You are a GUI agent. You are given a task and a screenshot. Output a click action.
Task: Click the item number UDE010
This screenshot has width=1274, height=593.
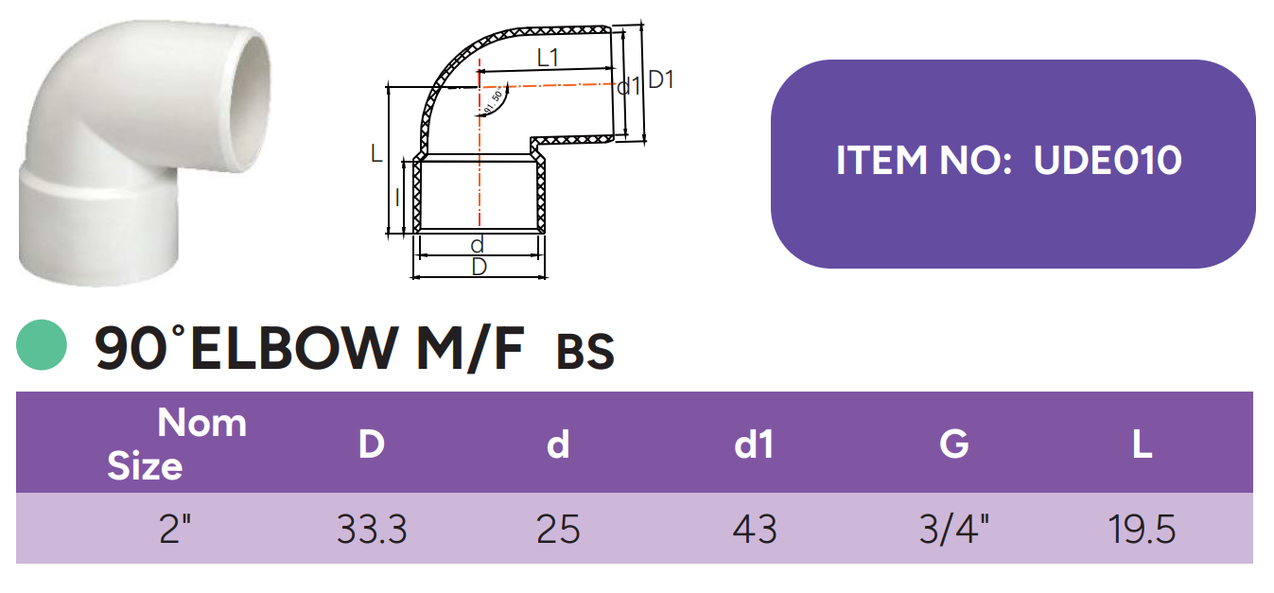pyautogui.click(x=1108, y=161)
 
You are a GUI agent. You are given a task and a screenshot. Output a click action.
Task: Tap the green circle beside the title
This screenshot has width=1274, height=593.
pyautogui.click(x=42, y=345)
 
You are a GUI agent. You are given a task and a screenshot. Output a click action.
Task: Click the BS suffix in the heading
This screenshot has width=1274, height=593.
pyautogui.click(x=585, y=352)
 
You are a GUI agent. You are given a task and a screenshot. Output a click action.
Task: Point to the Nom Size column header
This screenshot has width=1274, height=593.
pyautogui.click(x=177, y=444)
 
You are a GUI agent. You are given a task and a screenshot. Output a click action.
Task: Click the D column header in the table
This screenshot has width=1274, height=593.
pyautogui.click(x=372, y=444)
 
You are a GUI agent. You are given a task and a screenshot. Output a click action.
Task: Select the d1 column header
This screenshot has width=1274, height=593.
pyautogui.click(x=754, y=444)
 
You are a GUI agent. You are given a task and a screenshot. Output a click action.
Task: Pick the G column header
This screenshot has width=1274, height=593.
pyautogui.click(x=954, y=444)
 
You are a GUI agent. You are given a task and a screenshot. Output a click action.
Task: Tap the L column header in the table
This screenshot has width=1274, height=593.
pyautogui.click(x=1143, y=444)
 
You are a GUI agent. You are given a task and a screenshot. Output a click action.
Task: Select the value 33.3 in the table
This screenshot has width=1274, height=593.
pyautogui.click(x=372, y=529)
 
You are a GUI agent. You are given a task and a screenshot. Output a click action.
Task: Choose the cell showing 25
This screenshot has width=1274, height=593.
pyautogui.click(x=558, y=529)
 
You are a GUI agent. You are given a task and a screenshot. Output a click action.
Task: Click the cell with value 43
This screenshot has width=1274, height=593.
pyautogui.click(x=754, y=529)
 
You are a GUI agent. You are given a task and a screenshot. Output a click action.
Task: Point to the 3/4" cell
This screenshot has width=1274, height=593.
pyautogui.click(x=954, y=529)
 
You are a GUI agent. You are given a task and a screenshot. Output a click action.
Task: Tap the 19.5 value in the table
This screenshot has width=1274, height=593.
pyautogui.click(x=1143, y=529)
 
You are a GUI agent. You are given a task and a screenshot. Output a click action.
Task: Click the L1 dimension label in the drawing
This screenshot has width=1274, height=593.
pyautogui.click(x=548, y=57)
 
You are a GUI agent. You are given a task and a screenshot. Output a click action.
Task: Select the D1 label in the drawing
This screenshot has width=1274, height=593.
pyautogui.click(x=661, y=79)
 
